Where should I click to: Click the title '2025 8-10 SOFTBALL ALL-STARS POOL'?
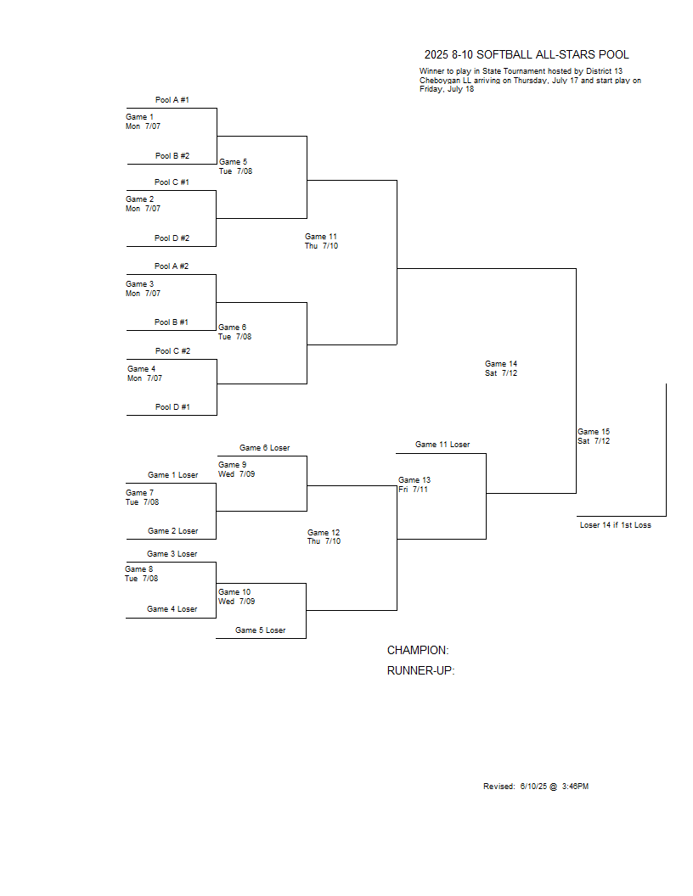[526, 55]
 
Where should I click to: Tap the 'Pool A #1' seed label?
[172, 100]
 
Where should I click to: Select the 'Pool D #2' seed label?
[172, 238]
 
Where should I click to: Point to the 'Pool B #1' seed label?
[171, 322]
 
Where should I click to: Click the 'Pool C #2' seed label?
[172, 351]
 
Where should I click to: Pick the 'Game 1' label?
[139, 117]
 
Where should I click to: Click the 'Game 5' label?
[233, 162]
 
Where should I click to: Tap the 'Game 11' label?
[321, 237]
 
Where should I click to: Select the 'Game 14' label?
[501, 364]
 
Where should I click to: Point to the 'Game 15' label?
[594, 432]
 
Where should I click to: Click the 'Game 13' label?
[414, 480]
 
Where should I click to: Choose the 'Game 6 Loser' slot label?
[265, 448]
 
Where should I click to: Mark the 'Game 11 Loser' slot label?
[442, 445]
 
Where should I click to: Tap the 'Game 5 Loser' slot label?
[260, 630]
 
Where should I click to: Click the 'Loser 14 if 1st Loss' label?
[615, 525]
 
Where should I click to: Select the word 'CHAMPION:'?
[418, 651]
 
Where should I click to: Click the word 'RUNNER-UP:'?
[421, 671]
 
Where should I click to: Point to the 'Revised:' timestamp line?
[536, 787]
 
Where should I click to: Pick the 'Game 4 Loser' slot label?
[172, 609]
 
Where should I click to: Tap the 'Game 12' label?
[324, 533]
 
